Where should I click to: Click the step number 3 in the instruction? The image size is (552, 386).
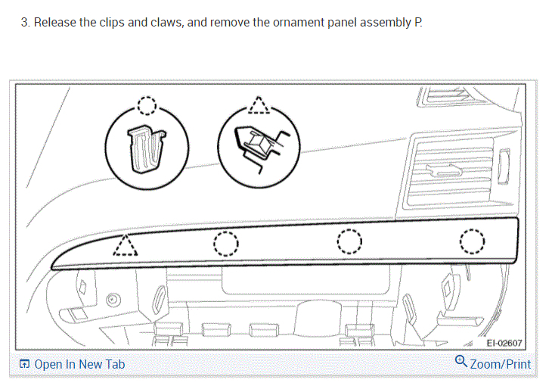[x=24, y=23]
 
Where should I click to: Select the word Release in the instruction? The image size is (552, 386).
[x=54, y=23]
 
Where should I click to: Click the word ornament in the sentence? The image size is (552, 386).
[x=279, y=23]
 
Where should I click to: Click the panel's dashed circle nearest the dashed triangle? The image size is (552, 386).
[x=225, y=244]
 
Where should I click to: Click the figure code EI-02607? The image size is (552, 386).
[x=504, y=344]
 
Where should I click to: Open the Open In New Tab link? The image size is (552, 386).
[x=79, y=365]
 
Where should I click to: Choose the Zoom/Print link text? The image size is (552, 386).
[x=500, y=364]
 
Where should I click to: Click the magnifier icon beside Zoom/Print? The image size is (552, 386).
[x=461, y=362]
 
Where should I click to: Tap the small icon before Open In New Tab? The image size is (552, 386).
[x=25, y=365]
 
